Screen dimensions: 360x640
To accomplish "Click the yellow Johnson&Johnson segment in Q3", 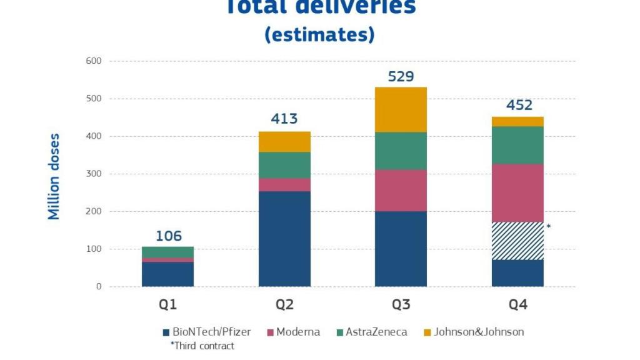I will point(401,109).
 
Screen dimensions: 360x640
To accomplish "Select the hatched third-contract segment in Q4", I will point(517,241).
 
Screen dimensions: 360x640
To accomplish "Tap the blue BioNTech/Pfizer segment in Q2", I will point(284,239).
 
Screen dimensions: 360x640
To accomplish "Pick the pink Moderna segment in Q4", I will point(517,193).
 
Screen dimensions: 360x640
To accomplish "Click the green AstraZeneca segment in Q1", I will point(167,252).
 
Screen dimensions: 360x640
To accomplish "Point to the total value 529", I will point(401,76).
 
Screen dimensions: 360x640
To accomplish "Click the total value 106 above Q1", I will point(168,236).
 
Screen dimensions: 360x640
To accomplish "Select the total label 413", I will point(284,119).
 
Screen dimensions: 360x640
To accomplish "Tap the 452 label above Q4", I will point(517,104).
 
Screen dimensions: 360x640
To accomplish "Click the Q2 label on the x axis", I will point(284,305).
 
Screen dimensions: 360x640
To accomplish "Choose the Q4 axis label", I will point(517,305).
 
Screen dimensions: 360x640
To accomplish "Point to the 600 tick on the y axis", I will point(94,61).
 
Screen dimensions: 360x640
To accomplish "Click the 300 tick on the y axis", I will point(94,174).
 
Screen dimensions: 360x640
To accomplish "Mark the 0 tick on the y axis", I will point(98,287).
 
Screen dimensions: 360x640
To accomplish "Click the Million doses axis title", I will point(54,176).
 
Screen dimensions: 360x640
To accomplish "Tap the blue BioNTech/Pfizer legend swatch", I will point(166,332).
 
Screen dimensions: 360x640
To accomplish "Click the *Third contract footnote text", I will point(202,346).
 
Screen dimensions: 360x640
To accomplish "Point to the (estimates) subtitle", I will point(319,34).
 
